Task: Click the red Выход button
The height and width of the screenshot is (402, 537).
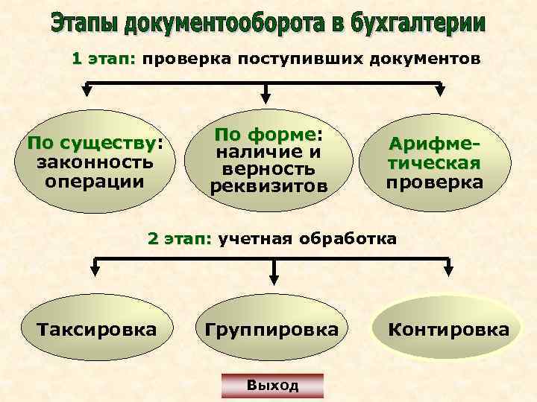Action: (x=273, y=385)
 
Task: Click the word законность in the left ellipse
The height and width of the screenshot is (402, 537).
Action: (x=95, y=162)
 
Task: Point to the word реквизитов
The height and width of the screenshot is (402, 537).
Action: (x=268, y=185)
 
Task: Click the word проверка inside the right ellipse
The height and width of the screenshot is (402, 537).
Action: (x=434, y=182)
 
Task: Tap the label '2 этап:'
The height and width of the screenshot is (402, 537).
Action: (x=180, y=239)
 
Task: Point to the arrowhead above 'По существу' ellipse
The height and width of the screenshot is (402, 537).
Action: (x=87, y=92)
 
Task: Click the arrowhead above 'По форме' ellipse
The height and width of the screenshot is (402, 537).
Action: (x=266, y=96)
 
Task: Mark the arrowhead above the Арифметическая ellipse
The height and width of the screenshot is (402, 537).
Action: (x=439, y=92)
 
